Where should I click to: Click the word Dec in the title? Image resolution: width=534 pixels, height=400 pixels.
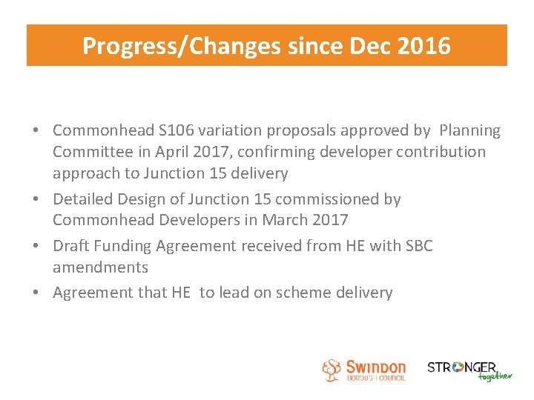tap(372, 46)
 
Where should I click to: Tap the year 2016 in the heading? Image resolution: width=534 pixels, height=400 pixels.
tap(423, 46)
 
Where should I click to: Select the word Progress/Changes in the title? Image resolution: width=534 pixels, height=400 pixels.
tap(182, 46)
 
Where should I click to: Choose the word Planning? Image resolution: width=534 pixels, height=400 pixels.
tap(470, 131)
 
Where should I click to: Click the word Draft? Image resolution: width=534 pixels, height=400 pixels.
tap(72, 246)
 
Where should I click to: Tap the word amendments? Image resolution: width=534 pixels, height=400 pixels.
tap(100, 267)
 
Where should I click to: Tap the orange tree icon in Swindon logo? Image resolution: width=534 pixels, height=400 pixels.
tap(332, 370)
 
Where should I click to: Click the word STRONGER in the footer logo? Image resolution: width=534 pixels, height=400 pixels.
tap(461, 367)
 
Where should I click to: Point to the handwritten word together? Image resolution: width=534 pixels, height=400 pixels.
tap(495, 376)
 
